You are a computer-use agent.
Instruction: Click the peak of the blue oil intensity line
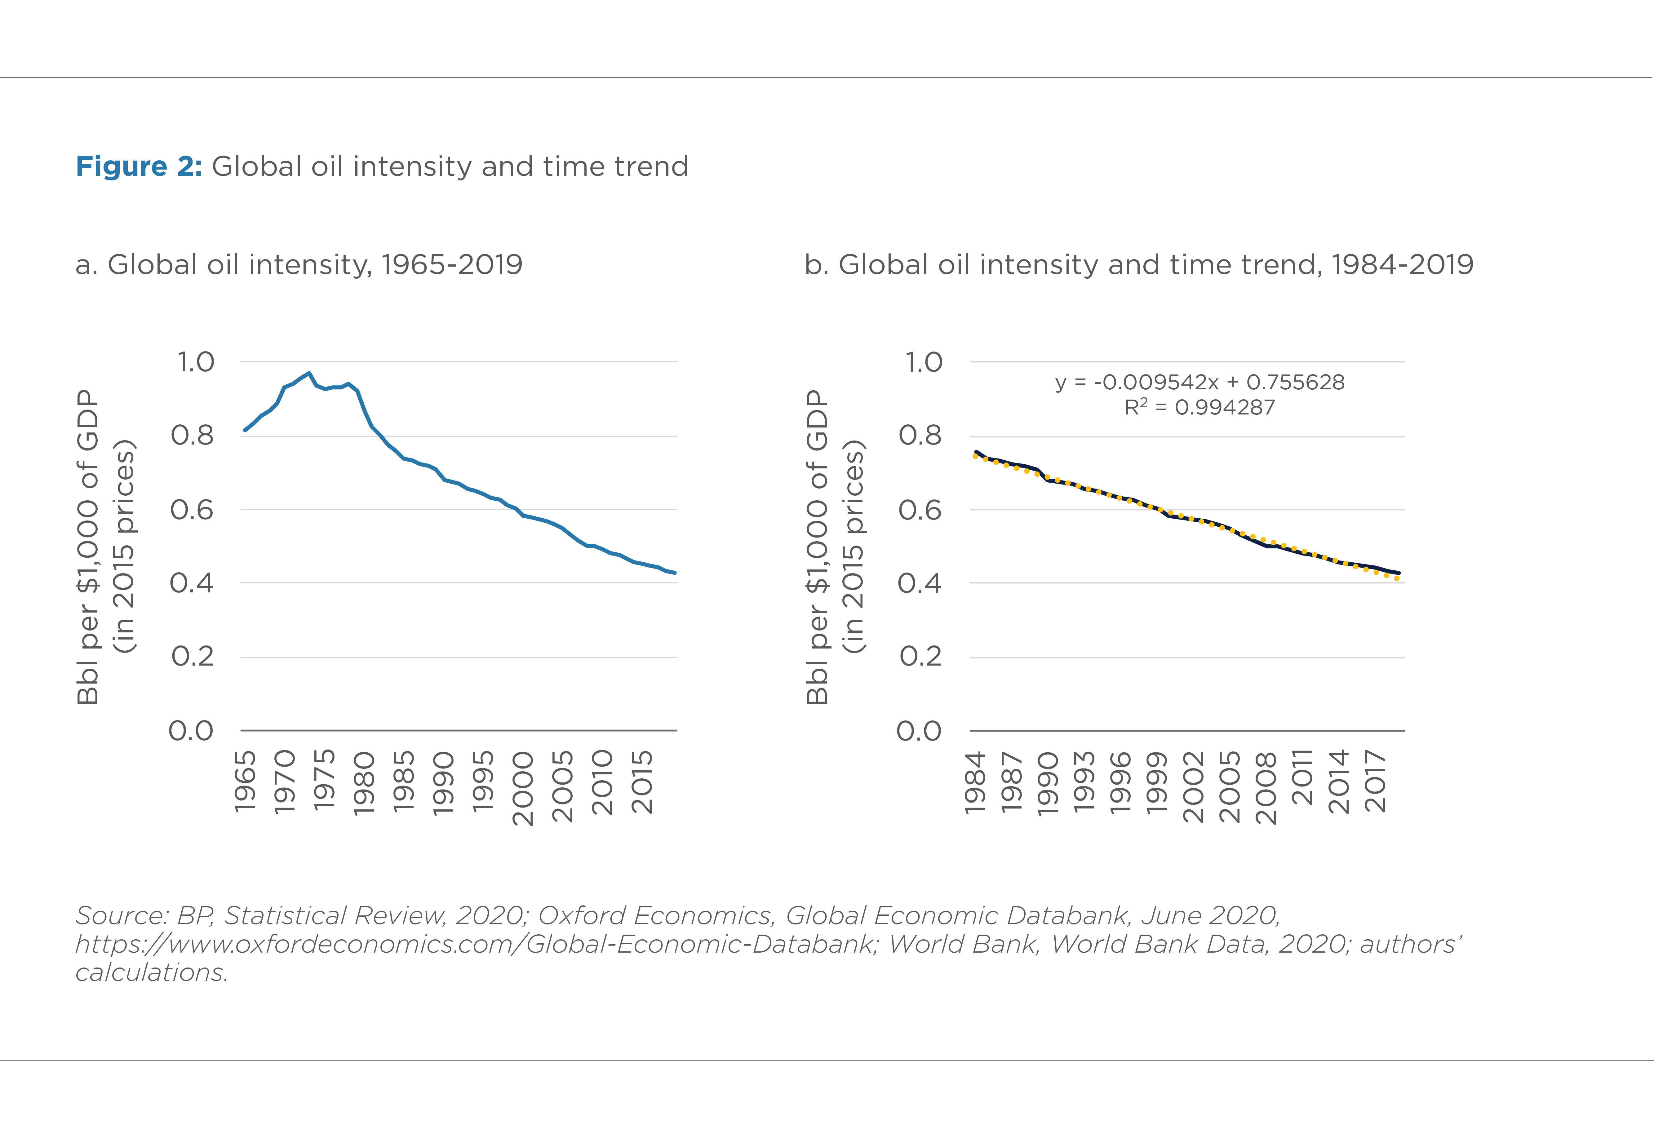309,373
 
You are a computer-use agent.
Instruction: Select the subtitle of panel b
1138,264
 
